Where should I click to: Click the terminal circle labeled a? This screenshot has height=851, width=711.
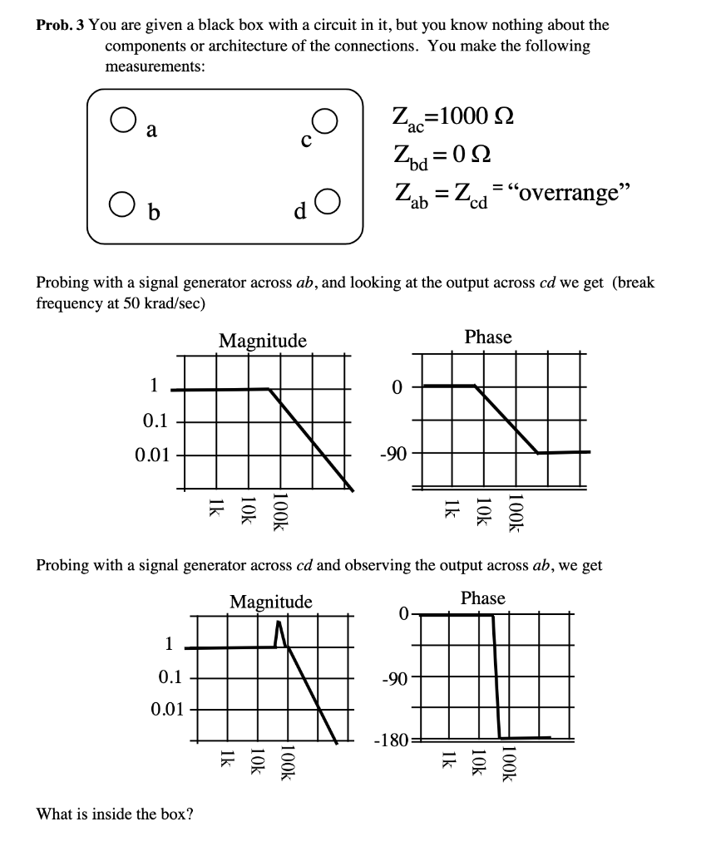pos(121,123)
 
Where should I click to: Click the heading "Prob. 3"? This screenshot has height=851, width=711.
pos(60,25)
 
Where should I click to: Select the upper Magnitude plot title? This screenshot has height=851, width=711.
pos(262,341)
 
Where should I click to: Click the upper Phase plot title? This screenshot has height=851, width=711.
pos(488,337)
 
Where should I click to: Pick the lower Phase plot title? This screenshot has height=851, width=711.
pos(483,598)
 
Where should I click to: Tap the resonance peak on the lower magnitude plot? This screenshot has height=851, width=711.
pos(280,623)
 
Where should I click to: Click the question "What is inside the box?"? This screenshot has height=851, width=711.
pos(115,814)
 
